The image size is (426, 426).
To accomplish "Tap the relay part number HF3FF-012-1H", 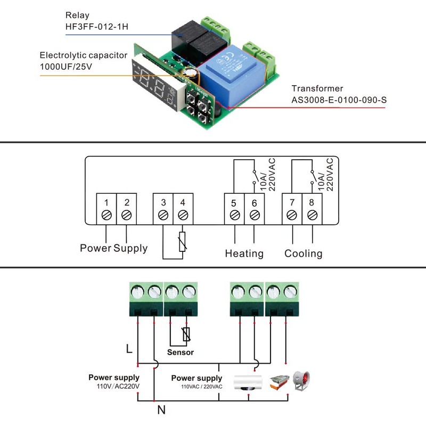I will tap(97, 27).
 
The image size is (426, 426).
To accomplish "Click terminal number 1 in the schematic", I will tap(106, 202).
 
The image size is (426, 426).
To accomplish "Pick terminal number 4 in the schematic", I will tap(183, 202).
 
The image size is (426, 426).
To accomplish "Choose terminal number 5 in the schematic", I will tap(234, 202).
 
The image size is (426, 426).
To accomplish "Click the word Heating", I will tap(244, 253).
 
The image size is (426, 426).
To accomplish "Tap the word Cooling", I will tap(303, 253).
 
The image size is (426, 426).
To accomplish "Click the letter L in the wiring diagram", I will tap(128, 349).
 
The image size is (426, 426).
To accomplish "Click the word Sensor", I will tap(181, 352).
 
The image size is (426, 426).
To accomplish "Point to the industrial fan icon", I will tap(301, 381).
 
